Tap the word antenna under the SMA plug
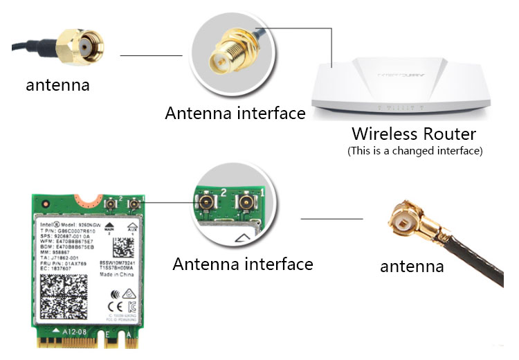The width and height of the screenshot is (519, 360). click(x=57, y=86)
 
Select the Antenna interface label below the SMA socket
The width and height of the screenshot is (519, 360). click(x=235, y=113)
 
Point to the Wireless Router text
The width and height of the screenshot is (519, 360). click(x=414, y=134)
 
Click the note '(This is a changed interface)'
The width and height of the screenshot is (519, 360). click(x=414, y=150)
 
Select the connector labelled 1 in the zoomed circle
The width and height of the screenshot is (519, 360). click(x=244, y=204)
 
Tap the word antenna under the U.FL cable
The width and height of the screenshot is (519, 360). click(x=412, y=267)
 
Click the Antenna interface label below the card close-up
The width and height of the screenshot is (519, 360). click(x=242, y=264)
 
